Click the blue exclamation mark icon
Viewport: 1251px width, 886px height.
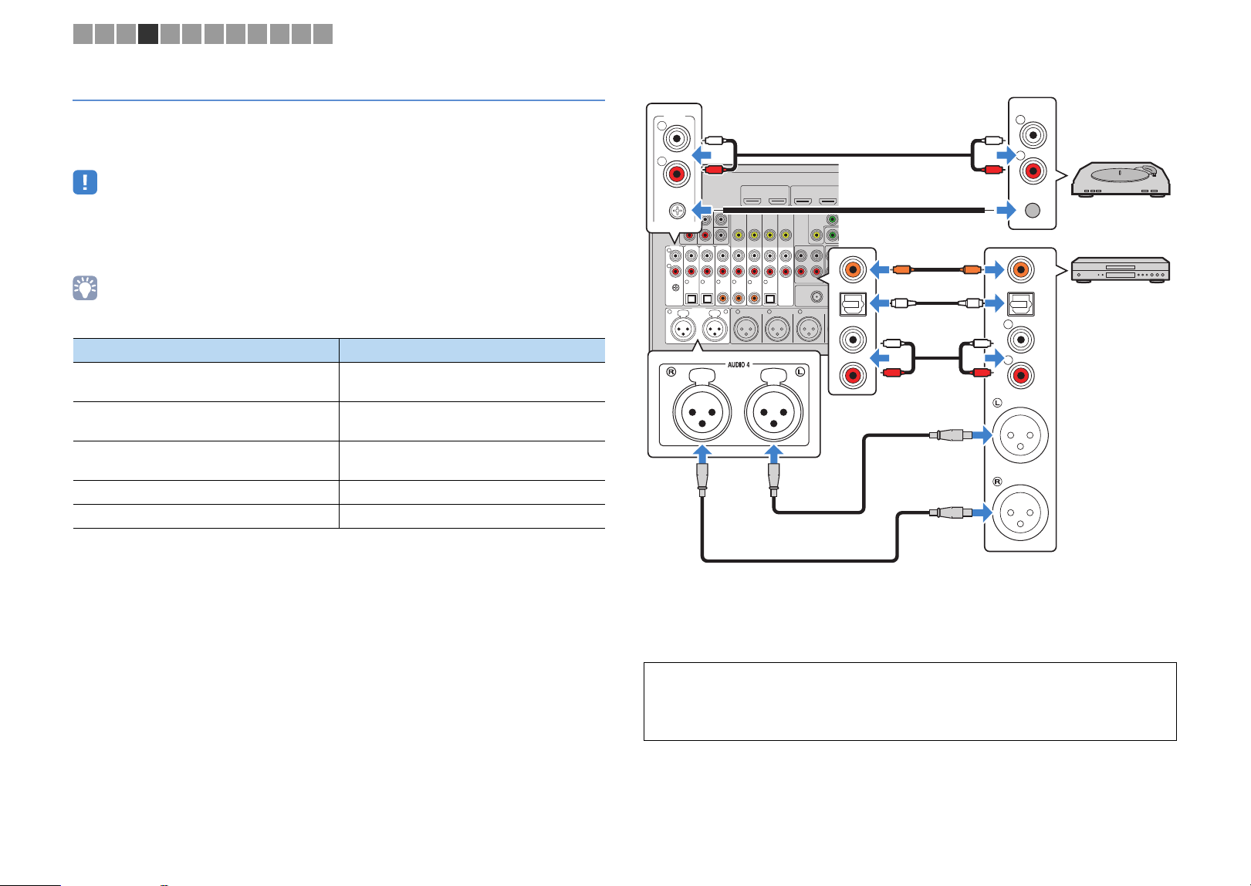pos(85,182)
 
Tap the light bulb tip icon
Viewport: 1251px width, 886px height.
pos(85,288)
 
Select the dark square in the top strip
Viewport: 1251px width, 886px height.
pos(148,34)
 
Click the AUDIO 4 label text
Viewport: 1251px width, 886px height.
pos(739,365)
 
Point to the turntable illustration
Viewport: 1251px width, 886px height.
pos(1121,179)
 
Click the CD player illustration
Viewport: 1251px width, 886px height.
pos(1121,270)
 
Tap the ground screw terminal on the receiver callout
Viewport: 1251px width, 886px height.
pos(677,211)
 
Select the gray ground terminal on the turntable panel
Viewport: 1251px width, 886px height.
pos(1033,210)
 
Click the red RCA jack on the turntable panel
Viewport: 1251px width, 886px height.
pos(1033,171)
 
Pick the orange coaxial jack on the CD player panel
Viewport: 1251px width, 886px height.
pos(1020,270)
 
